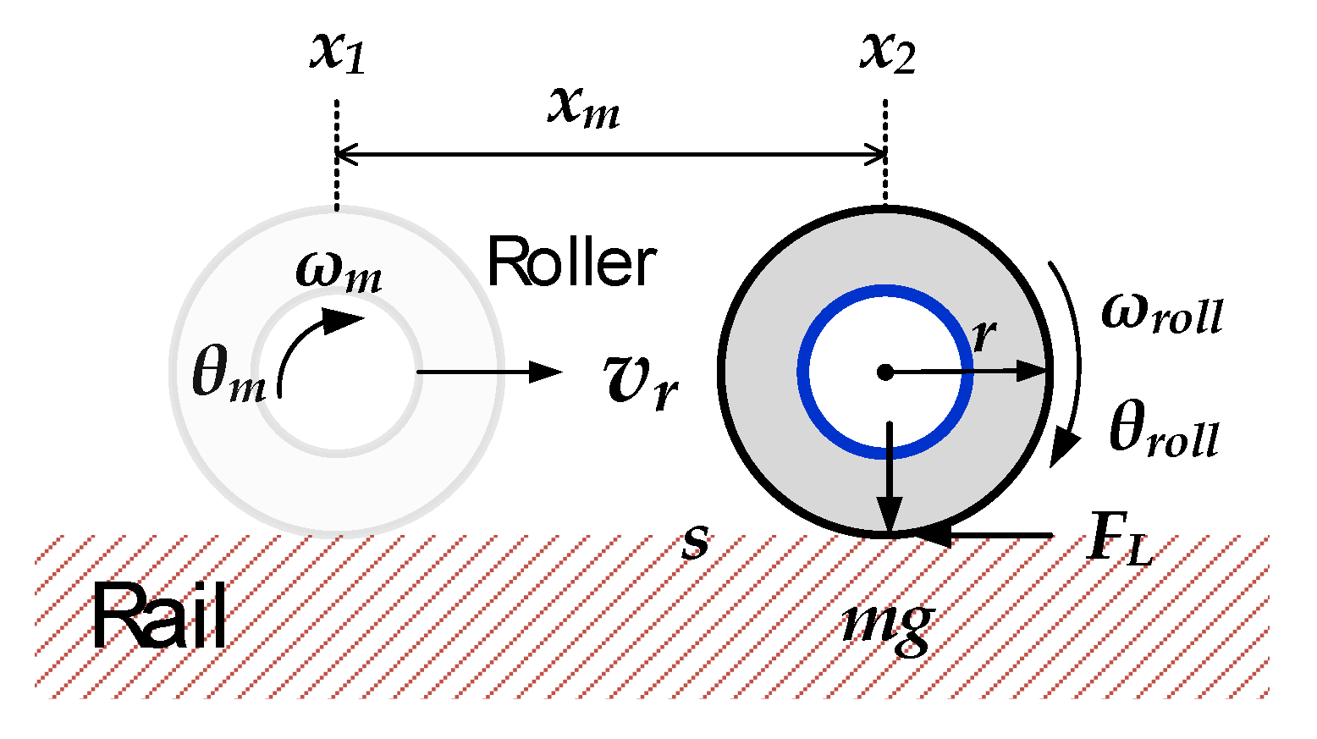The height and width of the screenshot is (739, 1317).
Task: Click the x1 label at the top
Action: coord(337,52)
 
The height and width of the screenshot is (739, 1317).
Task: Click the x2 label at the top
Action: coord(887,52)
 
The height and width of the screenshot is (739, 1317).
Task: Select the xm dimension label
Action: coord(583,108)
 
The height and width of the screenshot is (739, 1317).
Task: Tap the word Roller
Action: coord(571,262)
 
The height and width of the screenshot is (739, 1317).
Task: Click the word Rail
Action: coord(159,618)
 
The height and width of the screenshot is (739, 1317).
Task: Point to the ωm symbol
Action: coord(339,273)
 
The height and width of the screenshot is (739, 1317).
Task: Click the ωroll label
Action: coord(1161,313)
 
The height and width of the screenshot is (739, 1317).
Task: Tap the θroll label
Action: coord(1163,432)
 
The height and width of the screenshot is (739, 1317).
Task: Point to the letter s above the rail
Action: coord(695,543)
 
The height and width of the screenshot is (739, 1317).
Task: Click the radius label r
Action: coord(983,335)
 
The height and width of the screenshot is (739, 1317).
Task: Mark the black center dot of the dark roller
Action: coord(884,372)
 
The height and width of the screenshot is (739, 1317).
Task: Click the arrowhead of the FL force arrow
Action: coord(931,535)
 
